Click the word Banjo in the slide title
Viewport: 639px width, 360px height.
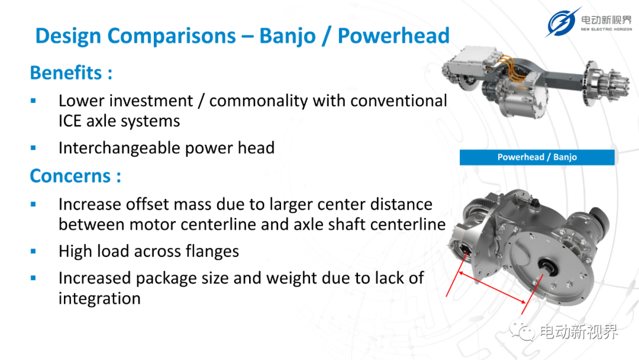pyautogui.click(x=288, y=36)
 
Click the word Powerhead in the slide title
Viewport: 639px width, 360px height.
pyautogui.click(x=393, y=36)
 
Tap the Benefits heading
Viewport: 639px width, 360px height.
pyautogui.click(x=71, y=73)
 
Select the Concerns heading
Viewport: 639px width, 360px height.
pyautogui.click(x=75, y=176)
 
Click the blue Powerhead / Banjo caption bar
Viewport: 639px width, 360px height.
pyautogui.click(x=537, y=157)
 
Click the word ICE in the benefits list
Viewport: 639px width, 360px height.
pyautogui.click(x=69, y=121)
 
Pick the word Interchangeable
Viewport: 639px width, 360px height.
pyautogui.click(x=120, y=148)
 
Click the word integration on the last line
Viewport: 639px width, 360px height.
pyautogui.click(x=99, y=298)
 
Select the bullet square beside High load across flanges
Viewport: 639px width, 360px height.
pyautogui.click(x=33, y=252)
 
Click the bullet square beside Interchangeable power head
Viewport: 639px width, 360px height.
pyautogui.click(x=33, y=148)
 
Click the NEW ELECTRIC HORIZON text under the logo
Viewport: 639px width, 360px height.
pyautogui.click(x=606, y=30)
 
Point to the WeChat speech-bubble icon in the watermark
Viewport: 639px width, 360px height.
pyautogui.click(x=522, y=330)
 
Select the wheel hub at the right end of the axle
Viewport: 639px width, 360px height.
pyautogui.click(x=606, y=83)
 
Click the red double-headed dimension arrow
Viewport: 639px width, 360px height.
pyautogui.click(x=492, y=288)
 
